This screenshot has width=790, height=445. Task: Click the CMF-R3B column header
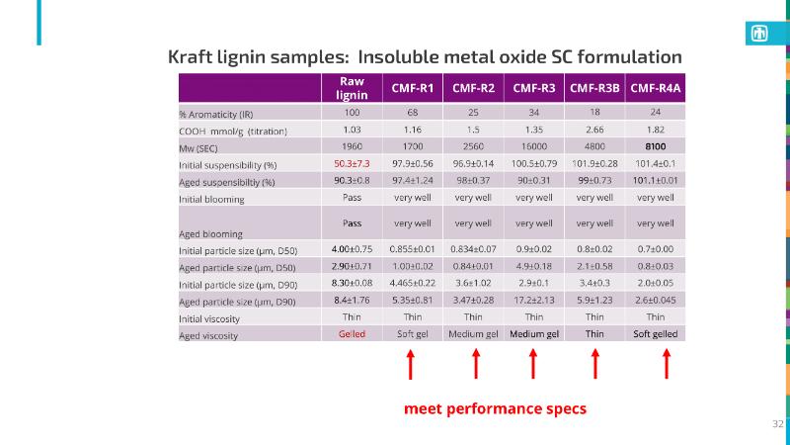(x=594, y=88)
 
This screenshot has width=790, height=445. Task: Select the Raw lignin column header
(x=353, y=88)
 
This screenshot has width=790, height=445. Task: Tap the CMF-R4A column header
(x=656, y=88)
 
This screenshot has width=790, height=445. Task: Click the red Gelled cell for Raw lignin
(x=352, y=334)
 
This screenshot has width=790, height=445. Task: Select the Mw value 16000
(x=533, y=146)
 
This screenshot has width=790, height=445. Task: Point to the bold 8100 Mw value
(x=656, y=146)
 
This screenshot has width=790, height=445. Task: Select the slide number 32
(x=777, y=423)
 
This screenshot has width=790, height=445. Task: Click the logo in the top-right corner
(x=760, y=33)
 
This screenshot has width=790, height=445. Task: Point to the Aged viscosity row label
(x=207, y=335)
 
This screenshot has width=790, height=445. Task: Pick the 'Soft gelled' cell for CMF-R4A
(x=656, y=334)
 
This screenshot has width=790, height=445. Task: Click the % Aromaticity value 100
(x=352, y=114)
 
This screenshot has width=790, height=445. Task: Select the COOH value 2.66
(x=594, y=130)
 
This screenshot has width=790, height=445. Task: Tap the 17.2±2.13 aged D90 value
(x=533, y=300)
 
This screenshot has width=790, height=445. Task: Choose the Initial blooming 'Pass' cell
(x=352, y=198)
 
